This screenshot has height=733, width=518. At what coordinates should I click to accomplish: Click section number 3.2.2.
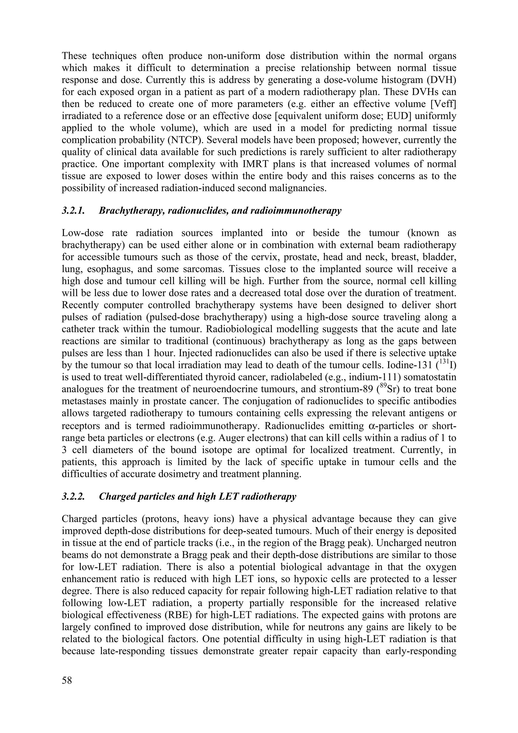coord(73,496)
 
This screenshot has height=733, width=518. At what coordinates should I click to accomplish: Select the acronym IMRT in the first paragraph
coord(221,164)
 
